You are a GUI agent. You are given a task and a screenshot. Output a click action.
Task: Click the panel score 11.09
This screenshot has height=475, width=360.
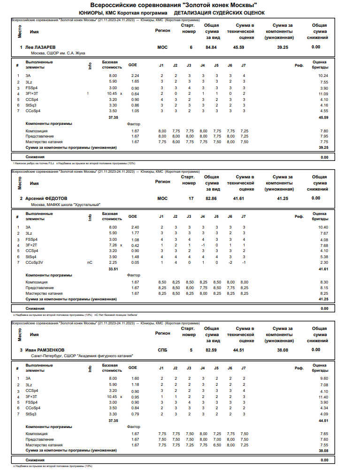click(x=322, y=94)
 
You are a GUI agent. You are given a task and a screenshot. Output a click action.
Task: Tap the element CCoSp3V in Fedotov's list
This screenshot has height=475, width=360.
click(x=34, y=262)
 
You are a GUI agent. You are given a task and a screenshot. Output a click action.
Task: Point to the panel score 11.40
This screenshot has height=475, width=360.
click(x=322, y=397)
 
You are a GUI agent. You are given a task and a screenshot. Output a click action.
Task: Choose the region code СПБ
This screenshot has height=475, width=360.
click(x=162, y=350)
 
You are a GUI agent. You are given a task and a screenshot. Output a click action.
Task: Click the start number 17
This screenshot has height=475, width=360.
click(x=191, y=199)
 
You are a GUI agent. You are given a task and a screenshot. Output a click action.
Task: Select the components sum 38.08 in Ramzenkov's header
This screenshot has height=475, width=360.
click(x=283, y=350)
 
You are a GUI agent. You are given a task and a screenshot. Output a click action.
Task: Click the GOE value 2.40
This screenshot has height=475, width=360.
click(x=135, y=227)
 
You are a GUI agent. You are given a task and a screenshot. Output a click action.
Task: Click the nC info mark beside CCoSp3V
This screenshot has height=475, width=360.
click(x=90, y=262)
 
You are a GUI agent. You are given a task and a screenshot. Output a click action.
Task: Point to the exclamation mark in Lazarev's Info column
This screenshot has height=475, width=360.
click(x=88, y=94)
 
